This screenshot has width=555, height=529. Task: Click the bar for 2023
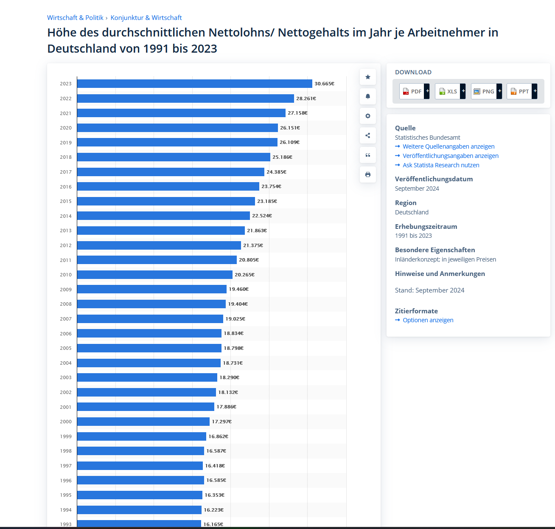pos(194,84)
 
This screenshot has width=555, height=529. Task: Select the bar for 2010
pos(154,275)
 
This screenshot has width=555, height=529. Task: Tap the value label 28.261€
pos(306,98)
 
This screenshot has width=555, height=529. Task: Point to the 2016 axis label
pos(66,187)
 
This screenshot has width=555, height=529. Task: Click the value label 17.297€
pos(221,422)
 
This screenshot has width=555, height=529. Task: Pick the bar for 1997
pos(140,466)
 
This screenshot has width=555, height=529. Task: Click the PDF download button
pos(414,91)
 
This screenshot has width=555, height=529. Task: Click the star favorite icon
pos(368,77)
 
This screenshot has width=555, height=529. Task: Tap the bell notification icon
pos(368,96)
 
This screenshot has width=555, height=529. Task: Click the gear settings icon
pos(368,116)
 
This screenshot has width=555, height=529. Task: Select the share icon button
pos(368,135)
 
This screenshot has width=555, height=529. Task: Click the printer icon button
pos(368,174)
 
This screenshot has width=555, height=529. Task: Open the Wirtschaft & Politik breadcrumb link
pos(75,18)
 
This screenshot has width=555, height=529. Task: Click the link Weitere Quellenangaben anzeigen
pos(448,146)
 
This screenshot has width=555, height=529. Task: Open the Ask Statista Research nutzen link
pos(441,165)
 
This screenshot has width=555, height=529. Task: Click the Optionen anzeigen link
pos(428,320)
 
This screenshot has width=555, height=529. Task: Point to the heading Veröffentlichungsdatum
pos(434,179)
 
